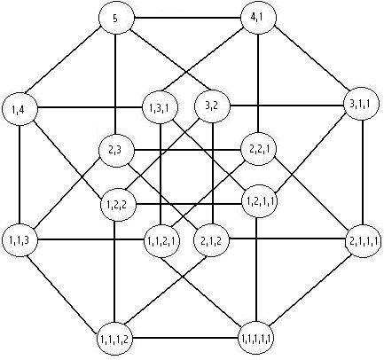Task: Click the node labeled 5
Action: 116,19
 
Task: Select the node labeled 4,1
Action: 259,18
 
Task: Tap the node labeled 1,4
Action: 20,109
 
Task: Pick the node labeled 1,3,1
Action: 160,107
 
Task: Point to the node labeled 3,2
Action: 212,106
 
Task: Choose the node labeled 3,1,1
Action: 361,104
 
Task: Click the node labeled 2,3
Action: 116,150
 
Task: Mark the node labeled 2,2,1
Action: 259,149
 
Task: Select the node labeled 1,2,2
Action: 118,205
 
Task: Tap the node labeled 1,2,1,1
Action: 260,201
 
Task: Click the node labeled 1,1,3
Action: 20,240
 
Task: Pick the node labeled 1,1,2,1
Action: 161,241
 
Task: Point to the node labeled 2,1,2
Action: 211,240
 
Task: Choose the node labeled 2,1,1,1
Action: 363,241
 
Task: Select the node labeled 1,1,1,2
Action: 114,339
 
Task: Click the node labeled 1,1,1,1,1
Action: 256,338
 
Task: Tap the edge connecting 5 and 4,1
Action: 187,18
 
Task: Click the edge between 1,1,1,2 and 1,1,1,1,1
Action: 185,338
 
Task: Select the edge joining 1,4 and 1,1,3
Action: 20,175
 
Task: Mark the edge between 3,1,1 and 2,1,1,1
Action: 363,172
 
